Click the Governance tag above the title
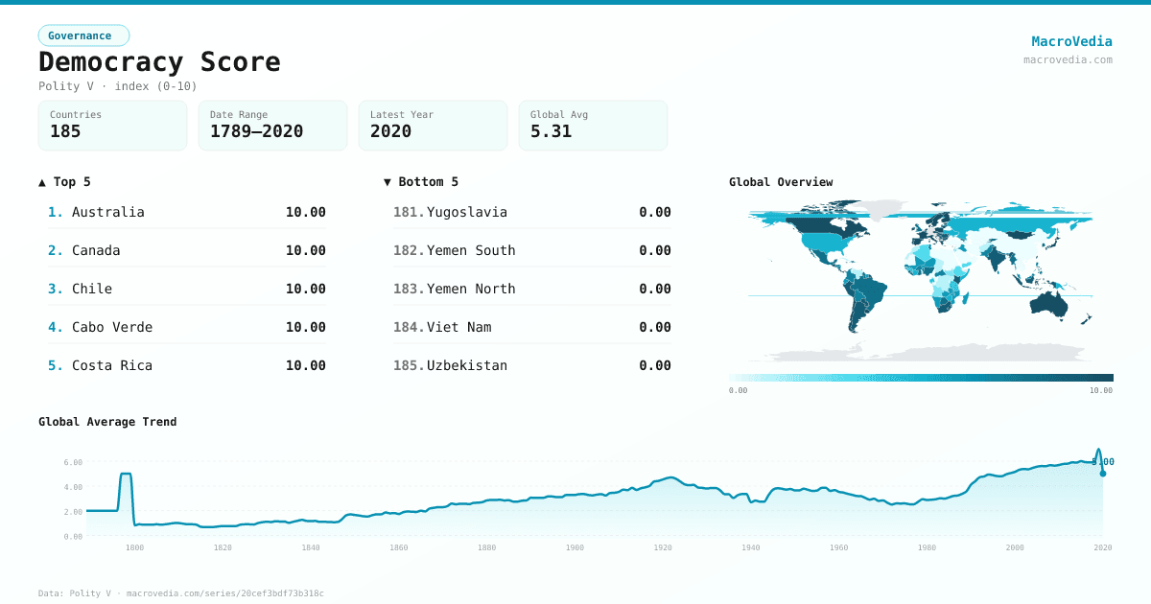(x=83, y=35)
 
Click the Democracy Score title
(x=159, y=62)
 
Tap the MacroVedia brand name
(x=1071, y=41)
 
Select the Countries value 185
(x=65, y=131)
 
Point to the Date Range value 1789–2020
(x=256, y=131)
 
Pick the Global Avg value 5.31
(x=551, y=131)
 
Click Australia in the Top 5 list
(x=107, y=212)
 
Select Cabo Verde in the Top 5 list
(x=111, y=327)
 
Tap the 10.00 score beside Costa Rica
(x=305, y=365)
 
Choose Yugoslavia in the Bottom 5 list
(x=466, y=212)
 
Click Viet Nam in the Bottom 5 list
(x=458, y=327)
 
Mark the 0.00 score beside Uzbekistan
(x=654, y=365)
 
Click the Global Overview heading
(x=781, y=182)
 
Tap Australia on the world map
(x=1047, y=303)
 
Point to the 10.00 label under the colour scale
(x=1100, y=390)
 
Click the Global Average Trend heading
(x=107, y=422)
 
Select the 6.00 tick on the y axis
(x=73, y=462)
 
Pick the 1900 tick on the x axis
(x=575, y=547)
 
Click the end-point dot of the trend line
(x=1103, y=474)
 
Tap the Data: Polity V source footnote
(x=180, y=593)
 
